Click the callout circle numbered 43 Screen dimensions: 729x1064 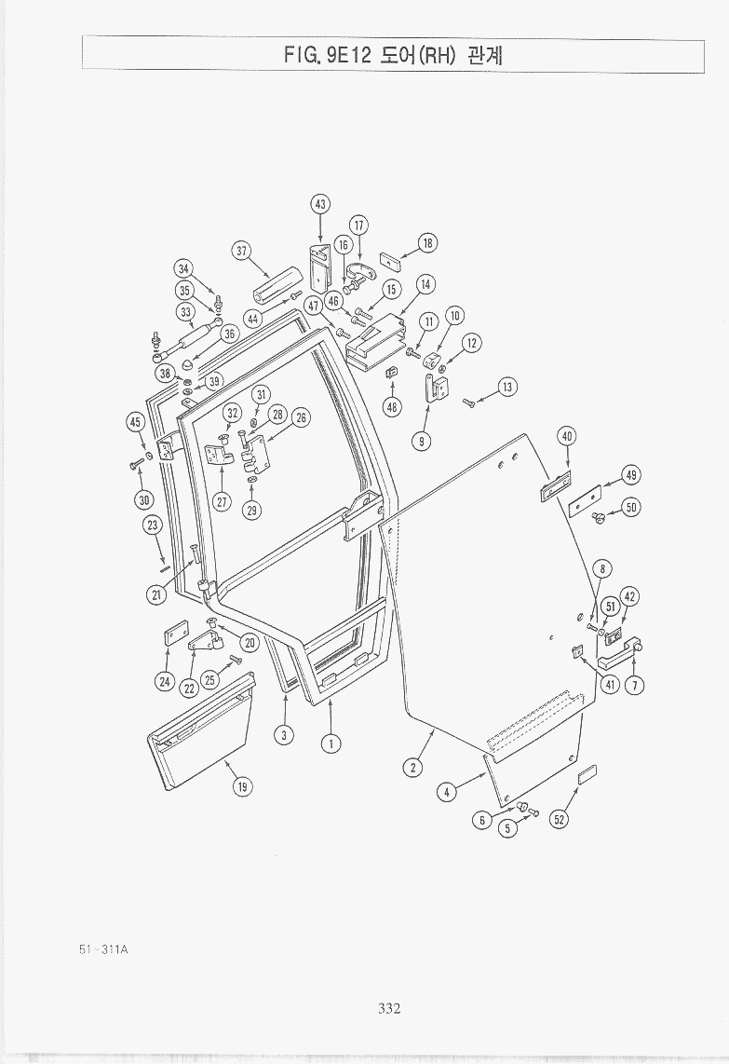[320, 204]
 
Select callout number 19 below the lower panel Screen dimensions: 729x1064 [242, 786]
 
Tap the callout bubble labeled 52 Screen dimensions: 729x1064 [559, 820]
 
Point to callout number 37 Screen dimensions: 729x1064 [241, 251]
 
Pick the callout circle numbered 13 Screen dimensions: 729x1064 [507, 388]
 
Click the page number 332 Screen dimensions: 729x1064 [389, 1008]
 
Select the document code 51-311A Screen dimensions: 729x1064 [103, 948]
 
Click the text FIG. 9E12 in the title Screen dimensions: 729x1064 [329, 55]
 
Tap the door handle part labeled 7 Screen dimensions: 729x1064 [620, 652]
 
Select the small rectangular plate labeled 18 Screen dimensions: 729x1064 [390, 260]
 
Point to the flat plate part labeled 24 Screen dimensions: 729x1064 [176, 635]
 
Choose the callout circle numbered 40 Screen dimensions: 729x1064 [567, 436]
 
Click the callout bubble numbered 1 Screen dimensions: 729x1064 [331, 743]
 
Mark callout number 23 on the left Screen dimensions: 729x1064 [153, 525]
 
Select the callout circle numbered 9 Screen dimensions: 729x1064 [422, 441]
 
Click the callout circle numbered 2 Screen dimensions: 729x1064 [412, 768]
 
